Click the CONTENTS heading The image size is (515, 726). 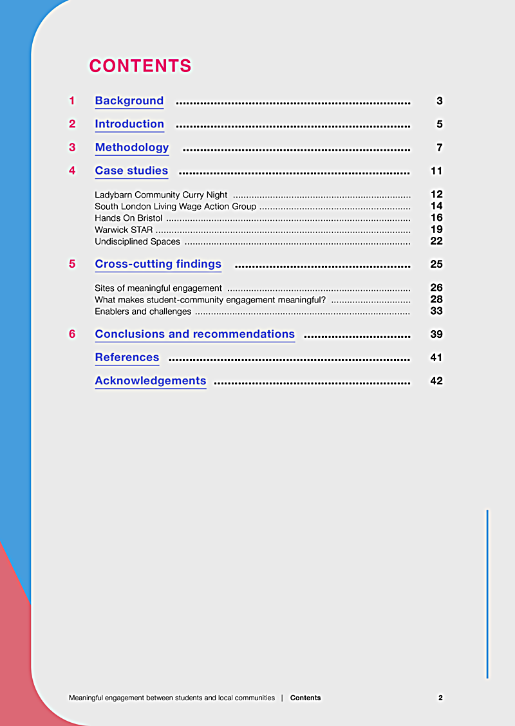pyautogui.click(x=140, y=66)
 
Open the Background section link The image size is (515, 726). pyautogui.click(x=129, y=101)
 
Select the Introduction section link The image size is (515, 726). pyautogui.click(x=129, y=124)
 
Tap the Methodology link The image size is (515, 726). pyautogui.click(x=132, y=147)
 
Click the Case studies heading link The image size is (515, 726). pyautogui.click(x=131, y=171)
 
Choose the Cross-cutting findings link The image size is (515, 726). pyautogui.click(x=158, y=264)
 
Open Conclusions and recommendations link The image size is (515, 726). pyautogui.click(x=194, y=334)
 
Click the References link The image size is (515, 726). pyautogui.click(x=127, y=357)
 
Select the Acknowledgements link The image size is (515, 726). pyautogui.click(x=151, y=380)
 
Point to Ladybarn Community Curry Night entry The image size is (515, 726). pyautogui.click(x=161, y=194)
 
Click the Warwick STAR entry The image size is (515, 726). pyautogui.click(x=124, y=230)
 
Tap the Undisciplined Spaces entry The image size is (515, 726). pyautogui.click(x=137, y=241)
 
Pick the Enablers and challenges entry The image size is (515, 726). pyautogui.click(x=143, y=312)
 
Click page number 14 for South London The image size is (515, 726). pyautogui.click(x=436, y=207)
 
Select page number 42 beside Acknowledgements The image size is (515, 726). pyautogui.click(x=436, y=380)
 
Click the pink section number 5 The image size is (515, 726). pyautogui.click(x=72, y=264)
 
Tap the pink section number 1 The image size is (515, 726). pyautogui.click(x=72, y=101)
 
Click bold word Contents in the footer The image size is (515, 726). pyautogui.click(x=305, y=698)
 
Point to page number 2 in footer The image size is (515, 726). pyautogui.click(x=440, y=698)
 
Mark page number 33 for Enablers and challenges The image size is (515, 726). pyautogui.click(x=436, y=312)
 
